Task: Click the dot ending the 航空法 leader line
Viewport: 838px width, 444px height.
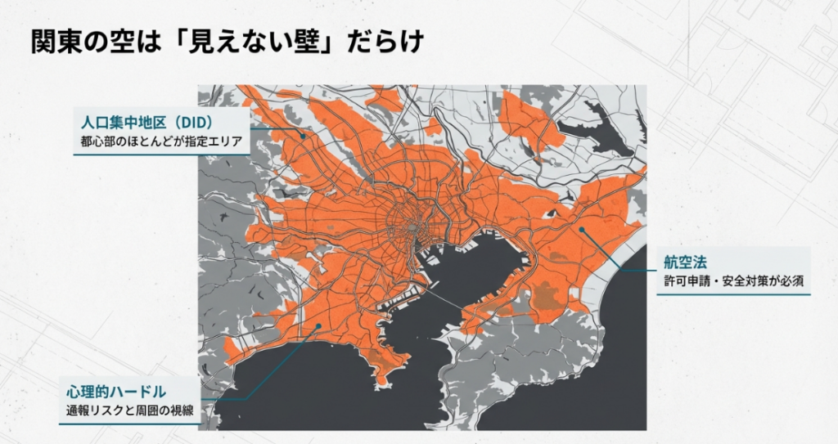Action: (x=581, y=230)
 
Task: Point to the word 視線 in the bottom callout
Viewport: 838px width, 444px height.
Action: (x=183, y=410)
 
